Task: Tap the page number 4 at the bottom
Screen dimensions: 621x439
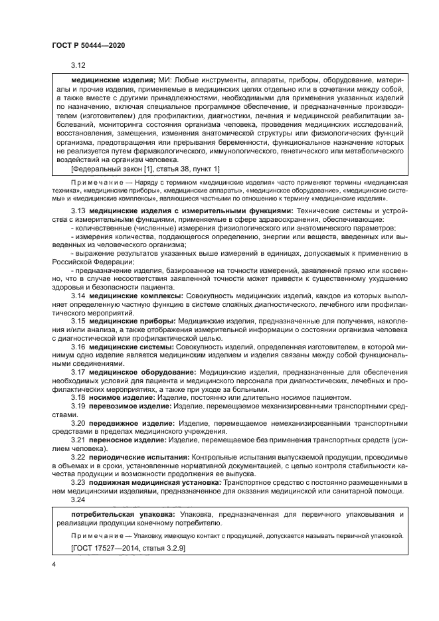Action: pyautogui.click(x=54, y=563)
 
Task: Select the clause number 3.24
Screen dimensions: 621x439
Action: pyautogui.click(x=79, y=500)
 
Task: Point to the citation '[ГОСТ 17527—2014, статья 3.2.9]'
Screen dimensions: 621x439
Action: pyautogui.click(x=128, y=548)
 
